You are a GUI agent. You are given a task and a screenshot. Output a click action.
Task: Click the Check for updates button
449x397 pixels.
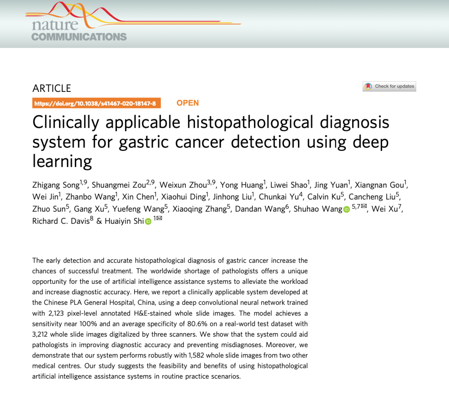pos(389,86)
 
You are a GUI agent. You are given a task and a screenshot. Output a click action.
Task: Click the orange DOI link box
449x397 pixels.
pos(96,104)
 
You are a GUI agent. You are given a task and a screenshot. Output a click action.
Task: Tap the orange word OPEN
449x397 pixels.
pos(187,103)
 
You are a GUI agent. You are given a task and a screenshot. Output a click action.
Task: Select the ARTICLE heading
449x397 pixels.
pos(52,88)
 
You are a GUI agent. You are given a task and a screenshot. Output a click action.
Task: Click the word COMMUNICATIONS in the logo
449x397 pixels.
pos(79,37)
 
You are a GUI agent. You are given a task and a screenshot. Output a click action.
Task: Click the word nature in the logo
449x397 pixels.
pos(49,25)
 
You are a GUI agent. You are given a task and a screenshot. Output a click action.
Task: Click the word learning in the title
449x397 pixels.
pos(62,161)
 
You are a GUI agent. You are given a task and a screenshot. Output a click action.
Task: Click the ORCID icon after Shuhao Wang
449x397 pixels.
pos(346,210)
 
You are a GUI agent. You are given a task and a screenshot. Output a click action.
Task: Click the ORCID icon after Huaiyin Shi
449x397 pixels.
pos(148,222)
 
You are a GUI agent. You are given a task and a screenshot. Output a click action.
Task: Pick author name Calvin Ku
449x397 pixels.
pos(322,197)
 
